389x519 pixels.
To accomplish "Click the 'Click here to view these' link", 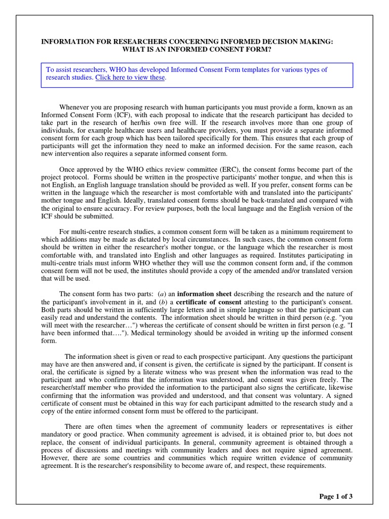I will click(x=130, y=78).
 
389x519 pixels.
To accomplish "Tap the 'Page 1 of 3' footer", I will click(x=336, y=496).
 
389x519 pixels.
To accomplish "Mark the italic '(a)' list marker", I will click(x=163, y=294).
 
